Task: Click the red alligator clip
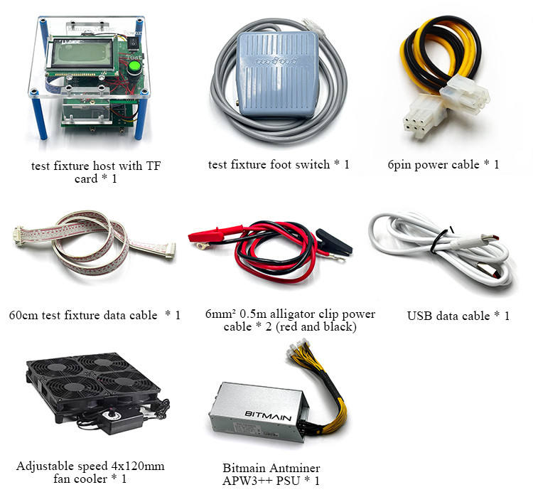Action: [x=213, y=234]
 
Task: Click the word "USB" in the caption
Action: [x=421, y=316]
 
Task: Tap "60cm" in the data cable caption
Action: [x=24, y=315]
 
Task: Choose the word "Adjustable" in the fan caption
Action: [x=45, y=466]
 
